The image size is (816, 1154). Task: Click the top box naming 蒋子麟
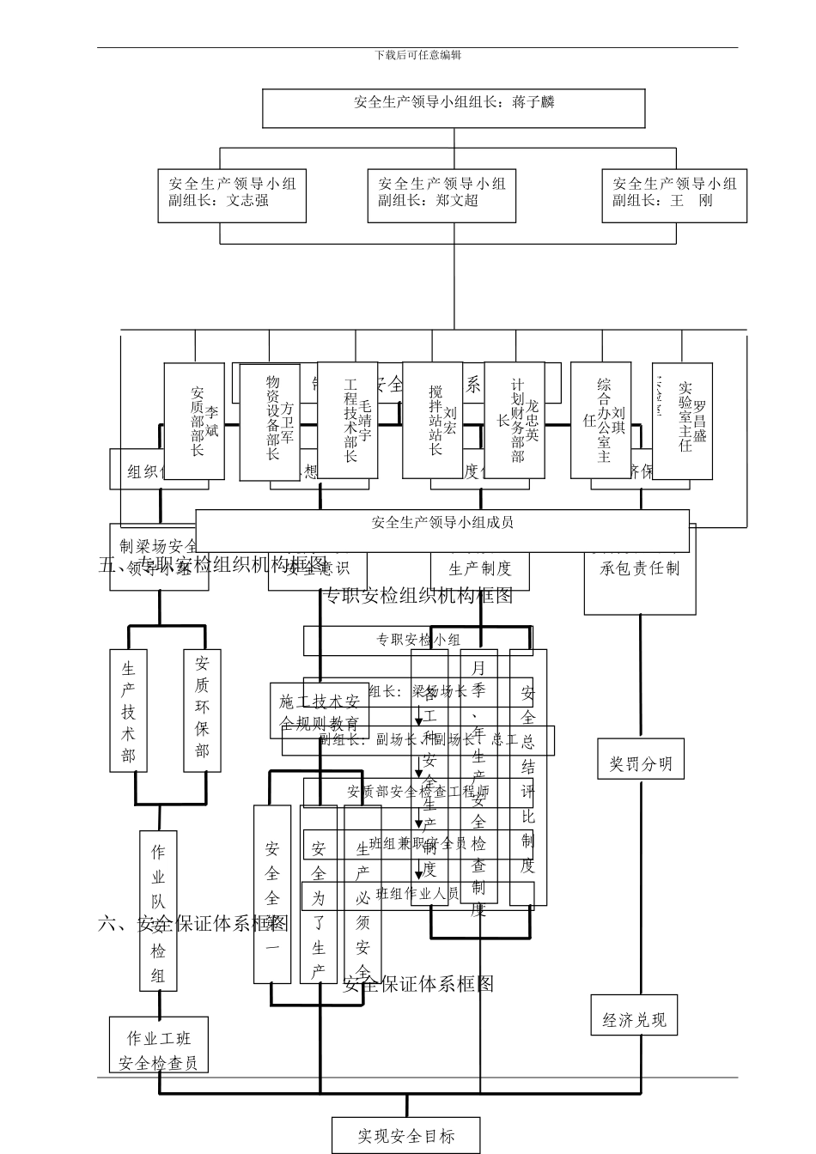point(454,108)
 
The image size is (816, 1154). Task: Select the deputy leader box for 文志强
point(232,196)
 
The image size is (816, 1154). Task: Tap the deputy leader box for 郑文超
point(441,196)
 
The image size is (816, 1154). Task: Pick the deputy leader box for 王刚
point(674,196)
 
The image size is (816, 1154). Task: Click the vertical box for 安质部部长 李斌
point(194,421)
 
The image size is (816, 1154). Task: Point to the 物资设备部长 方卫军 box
point(270,422)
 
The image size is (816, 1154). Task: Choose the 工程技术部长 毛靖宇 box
point(348,420)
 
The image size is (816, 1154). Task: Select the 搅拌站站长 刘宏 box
point(432,420)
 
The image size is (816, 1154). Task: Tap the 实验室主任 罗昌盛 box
point(682,421)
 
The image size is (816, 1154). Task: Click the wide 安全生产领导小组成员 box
point(442,531)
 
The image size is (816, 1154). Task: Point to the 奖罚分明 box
point(641,763)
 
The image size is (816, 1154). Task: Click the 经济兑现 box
point(634,1020)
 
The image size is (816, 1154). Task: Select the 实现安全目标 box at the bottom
point(406,1136)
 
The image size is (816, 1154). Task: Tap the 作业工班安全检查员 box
point(159,1050)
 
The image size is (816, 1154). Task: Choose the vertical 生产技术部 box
point(129,711)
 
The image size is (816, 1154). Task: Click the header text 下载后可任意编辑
point(418,55)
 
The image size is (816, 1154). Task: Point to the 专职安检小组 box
point(417,640)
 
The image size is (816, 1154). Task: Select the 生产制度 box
point(480,569)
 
